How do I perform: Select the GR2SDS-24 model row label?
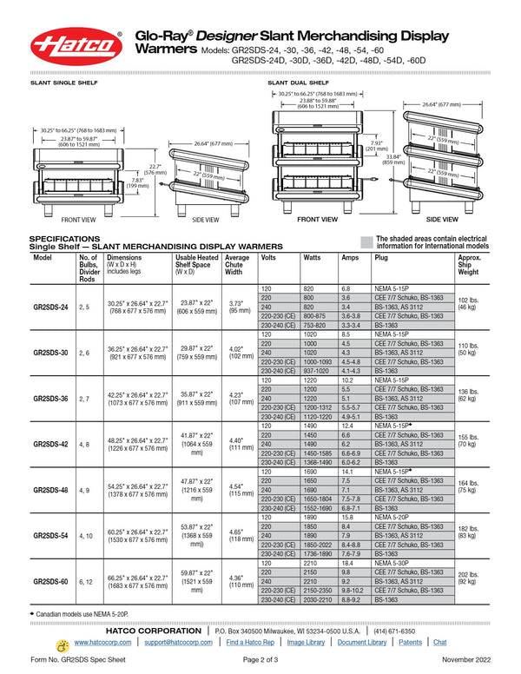(x=52, y=307)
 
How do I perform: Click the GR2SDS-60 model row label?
(x=52, y=579)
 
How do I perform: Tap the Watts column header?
(x=312, y=258)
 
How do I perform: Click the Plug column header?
(x=381, y=258)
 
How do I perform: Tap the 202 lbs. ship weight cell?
(x=468, y=577)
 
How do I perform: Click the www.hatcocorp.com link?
(x=103, y=643)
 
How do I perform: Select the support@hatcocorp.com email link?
(x=178, y=643)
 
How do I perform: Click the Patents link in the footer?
(x=411, y=643)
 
